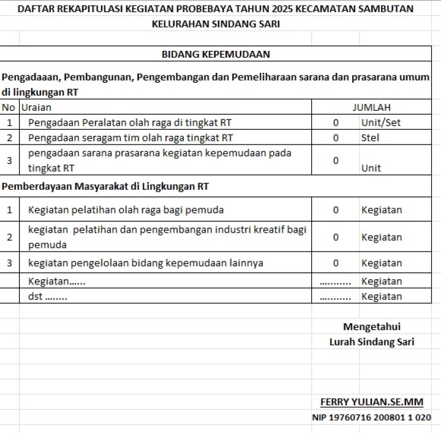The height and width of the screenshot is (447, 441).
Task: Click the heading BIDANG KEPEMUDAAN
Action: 216,54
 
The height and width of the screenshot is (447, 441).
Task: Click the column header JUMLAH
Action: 371,107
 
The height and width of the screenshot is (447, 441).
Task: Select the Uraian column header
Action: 37,107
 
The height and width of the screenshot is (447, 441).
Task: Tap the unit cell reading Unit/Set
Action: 380,122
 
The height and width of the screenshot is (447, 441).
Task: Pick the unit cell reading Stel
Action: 370,138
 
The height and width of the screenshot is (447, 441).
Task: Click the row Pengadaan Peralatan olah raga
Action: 130,122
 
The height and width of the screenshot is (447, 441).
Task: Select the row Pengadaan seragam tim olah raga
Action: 130,138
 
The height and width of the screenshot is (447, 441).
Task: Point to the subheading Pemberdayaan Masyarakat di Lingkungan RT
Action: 105,186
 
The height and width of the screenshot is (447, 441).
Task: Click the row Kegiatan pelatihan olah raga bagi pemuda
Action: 126,210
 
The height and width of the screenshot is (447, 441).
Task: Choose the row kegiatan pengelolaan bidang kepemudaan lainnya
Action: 146,263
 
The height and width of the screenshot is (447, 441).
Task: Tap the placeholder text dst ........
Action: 48,296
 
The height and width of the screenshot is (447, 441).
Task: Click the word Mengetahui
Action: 372,326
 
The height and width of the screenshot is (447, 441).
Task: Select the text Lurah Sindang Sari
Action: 372,342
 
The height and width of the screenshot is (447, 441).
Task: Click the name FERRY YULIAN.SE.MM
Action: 372,402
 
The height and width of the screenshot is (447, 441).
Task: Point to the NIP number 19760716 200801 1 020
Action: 372,418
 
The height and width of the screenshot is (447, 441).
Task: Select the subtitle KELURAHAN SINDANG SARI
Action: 215,24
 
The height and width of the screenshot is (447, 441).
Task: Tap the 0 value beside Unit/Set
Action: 336,122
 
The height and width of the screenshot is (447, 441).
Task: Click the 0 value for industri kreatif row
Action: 336,237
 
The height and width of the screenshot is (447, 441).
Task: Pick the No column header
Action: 9,107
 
